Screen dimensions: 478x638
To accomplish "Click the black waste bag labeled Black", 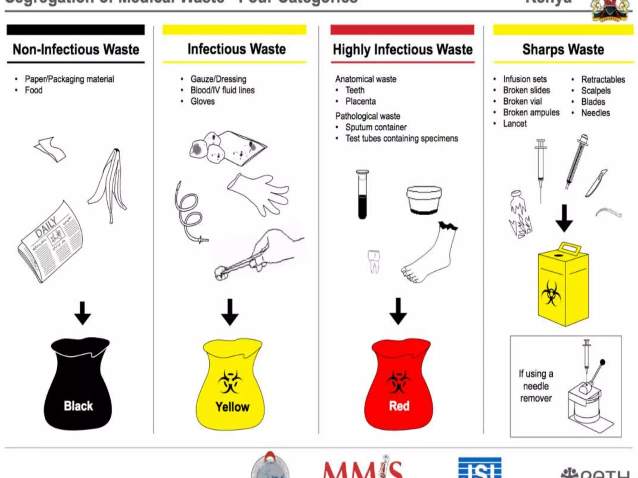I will point(78,386).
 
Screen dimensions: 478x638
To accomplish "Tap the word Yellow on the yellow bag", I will point(232,407).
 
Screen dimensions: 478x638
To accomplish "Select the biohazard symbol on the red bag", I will point(398,382).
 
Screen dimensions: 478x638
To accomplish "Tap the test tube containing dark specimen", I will point(362,194).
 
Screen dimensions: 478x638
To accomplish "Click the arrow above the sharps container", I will point(564,218).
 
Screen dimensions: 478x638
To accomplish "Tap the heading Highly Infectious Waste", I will point(402,49).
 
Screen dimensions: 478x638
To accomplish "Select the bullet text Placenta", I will point(360,101).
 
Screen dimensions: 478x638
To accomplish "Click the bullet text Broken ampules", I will point(531,113).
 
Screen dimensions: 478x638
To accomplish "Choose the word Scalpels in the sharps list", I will point(596,91).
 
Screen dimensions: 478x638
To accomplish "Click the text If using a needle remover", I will point(536,386).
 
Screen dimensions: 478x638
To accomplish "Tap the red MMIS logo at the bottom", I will point(363,468).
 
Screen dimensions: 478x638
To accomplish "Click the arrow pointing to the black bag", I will point(83,313).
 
